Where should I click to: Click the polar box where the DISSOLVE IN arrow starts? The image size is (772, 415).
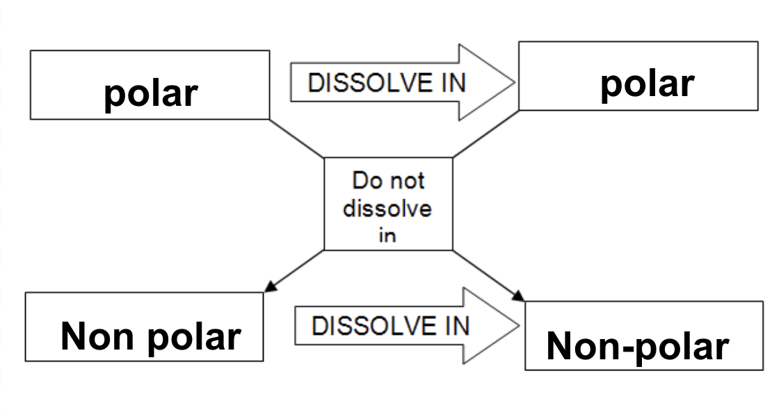150,85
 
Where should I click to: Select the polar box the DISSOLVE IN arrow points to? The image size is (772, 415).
638,76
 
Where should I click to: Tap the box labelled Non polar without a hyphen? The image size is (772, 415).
144,327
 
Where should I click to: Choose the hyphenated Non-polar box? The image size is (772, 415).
643,336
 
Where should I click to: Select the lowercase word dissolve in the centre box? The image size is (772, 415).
387,208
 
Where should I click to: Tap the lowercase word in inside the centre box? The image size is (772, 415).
387,235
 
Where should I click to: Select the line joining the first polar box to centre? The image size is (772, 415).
297,138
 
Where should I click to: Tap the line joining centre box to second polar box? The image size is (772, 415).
485,134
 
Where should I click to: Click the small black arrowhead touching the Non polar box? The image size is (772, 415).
271,286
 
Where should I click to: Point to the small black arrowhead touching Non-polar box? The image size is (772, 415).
518,295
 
